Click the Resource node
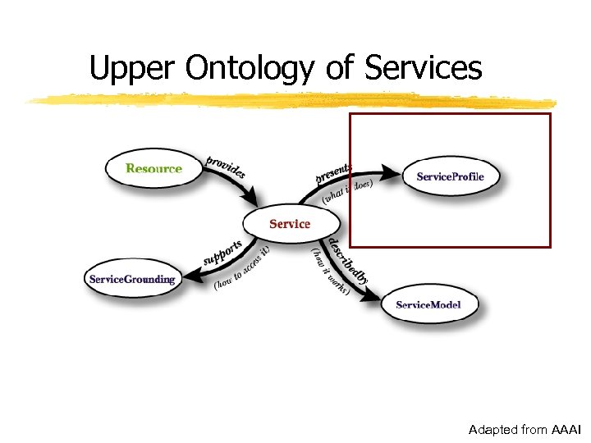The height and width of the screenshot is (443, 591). pos(153,169)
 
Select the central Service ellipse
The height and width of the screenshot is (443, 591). pos(290,223)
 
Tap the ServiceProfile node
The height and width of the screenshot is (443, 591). pos(450,176)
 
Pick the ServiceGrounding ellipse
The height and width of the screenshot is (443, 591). pos(132,279)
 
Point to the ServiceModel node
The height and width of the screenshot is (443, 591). pos(428,304)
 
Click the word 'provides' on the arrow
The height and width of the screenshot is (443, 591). pos(225,166)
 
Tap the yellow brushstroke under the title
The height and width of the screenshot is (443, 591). pos(287,100)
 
